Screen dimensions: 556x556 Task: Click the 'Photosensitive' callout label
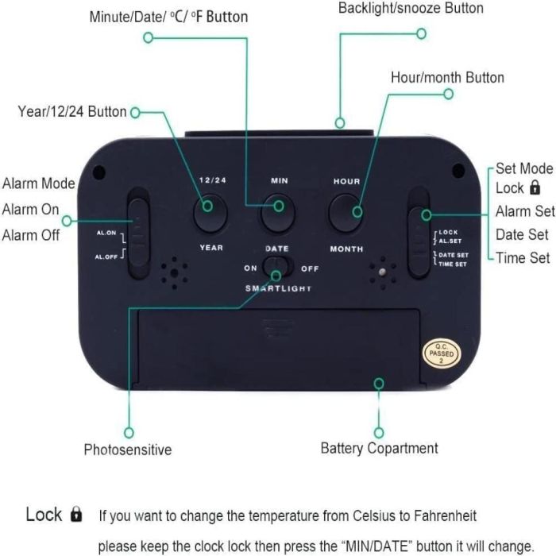[x=127, y=450]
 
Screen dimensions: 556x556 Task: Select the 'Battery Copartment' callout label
[x=379, y=448]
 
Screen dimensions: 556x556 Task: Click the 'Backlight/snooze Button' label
[x=411, y=8]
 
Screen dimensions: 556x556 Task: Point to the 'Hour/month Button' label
[x=447, y=78]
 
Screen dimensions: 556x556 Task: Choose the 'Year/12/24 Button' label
[x=72, y=112]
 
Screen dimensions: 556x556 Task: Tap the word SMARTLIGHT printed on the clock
[x=278, y=288]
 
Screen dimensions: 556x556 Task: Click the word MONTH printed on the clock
[x=346, y=249]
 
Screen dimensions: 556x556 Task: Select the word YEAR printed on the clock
[x=211, y=248]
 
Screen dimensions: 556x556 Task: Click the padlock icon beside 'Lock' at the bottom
[x=76, y=515]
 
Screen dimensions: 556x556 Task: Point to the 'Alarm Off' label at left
[x=31, y=234]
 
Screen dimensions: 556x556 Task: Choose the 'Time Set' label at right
[x=523, y=257]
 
